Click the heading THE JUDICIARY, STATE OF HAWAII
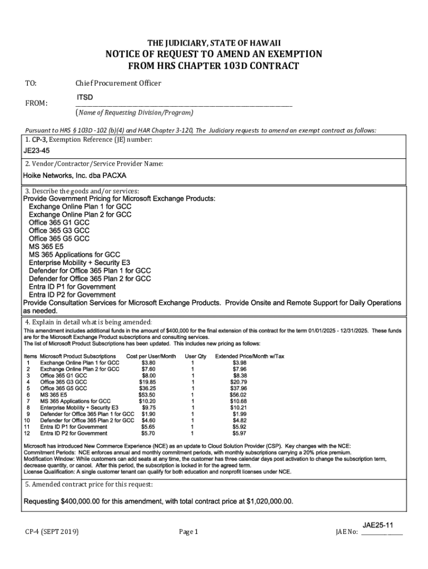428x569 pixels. point(214,43)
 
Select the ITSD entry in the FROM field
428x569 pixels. point(84,98)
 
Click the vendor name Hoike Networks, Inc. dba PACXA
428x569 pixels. point(74,176)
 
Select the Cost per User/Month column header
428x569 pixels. point(151,356)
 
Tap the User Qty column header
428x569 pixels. point(196,356)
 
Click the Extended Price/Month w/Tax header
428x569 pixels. point(250,356)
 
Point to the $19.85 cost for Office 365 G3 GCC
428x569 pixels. point(147,382)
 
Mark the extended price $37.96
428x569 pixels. point(239,388)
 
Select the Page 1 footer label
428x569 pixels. point(188,532)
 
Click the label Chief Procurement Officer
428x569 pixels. point(118,83)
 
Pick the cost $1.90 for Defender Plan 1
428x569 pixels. point(148,414)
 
